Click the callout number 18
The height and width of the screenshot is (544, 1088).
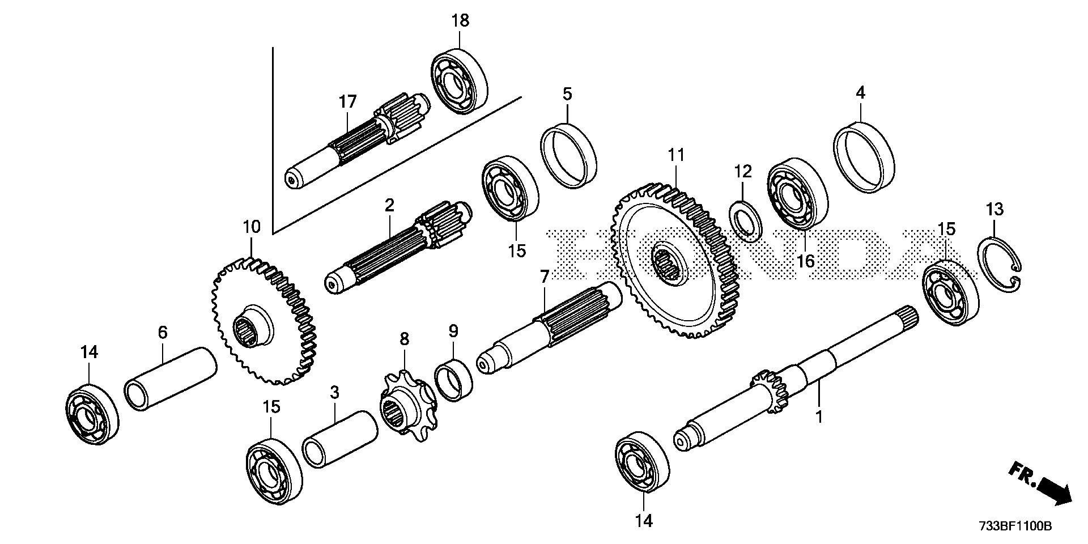pyautogui.click(x=460, y=21)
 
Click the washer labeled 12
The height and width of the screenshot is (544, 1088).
pyautogui.click(x=743, y=218)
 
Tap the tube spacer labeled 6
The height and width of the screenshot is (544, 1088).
pyautogui.click(x=170, y=378)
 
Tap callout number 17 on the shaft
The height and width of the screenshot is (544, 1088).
pyautogui.click(x=348, y=102)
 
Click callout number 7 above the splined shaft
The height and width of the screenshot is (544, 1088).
pyautogui.click(x=544, y=277)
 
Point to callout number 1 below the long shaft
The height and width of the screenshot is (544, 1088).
pyautogui.click(x=818, y=418)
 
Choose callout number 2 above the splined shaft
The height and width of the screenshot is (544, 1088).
pyautogui.click(x=389, y=205)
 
